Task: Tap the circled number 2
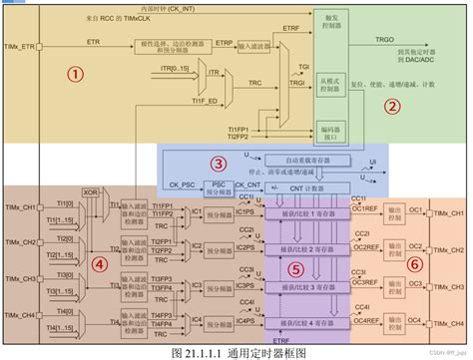(392, 107)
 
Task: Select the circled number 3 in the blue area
(217, 164)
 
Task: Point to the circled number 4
(71, 265)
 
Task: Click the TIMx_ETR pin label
(21, 47)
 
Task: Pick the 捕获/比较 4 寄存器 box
(303, 323)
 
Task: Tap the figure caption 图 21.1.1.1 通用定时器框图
(236, 351)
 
